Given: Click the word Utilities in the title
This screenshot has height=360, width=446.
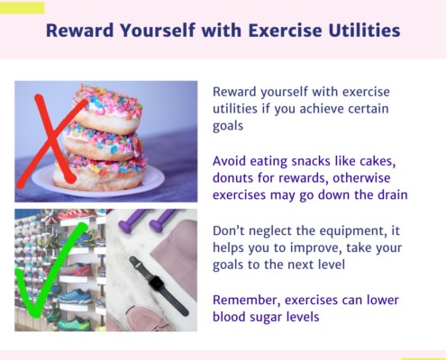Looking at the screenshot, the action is click(364, 31).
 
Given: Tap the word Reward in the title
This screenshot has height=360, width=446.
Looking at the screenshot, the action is click(79, 31).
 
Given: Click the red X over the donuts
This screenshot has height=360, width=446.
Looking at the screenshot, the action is click(52, 141).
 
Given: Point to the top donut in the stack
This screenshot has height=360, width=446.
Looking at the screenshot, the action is click(107, 110).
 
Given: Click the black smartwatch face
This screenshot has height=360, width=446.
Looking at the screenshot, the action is click(156, 283).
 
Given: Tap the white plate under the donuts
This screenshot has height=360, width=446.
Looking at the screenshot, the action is click(98, 181).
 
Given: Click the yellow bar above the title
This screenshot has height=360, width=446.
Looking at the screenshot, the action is click(23, 8).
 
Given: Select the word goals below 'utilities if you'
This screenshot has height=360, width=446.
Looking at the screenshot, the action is click(228, 126).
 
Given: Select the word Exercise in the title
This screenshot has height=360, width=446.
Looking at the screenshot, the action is click(285, 31).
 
